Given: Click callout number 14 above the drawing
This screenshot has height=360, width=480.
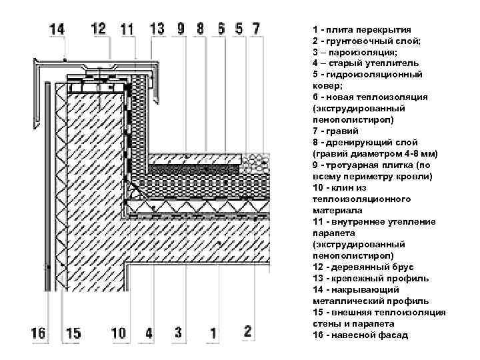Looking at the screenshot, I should pyautogui.click(x=57, y=29).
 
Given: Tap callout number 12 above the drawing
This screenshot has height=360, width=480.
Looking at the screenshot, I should pyautogui.click(x=99, y=29).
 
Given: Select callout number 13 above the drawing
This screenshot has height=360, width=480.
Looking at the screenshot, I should pyautogui.click(x=157, y=29).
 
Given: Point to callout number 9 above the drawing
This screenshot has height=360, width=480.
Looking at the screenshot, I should pyautogui.click(x=181, y=29).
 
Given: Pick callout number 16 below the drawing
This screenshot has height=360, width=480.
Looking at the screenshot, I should pyautogui.click(x=39, y=333).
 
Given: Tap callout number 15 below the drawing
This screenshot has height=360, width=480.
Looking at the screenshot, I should pyautogui.click(x=73, y=333).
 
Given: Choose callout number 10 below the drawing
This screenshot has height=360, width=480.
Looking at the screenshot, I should pyautogui.click(x=119, y=333).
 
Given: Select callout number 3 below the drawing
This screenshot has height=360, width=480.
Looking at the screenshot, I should pyautogui.click(x=178, y=333).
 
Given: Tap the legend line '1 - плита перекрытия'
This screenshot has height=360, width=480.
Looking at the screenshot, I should pyautogui.click(x=361, y=30).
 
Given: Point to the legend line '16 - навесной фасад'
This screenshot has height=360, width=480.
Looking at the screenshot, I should pyautogui.click(x=360, y=335).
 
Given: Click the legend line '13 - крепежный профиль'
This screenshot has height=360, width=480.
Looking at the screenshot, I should pyautogui.click(x=370, y=279).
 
